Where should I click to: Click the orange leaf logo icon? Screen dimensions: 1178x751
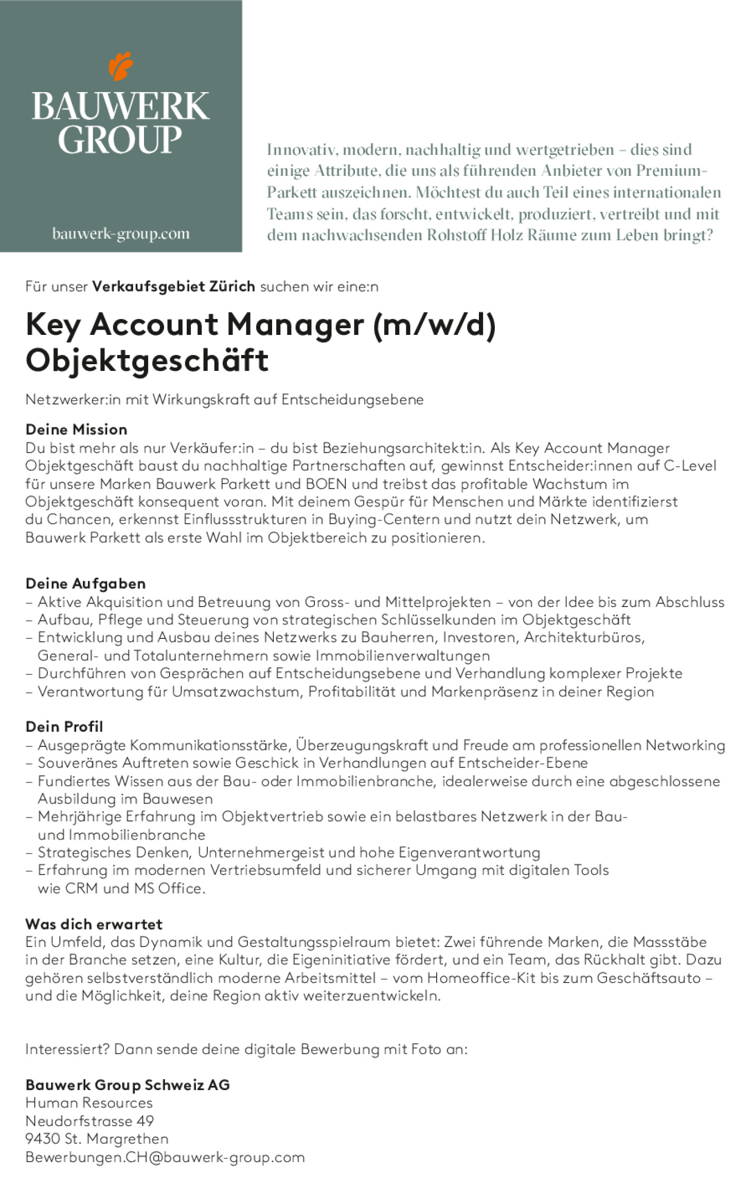(x=121, y=66)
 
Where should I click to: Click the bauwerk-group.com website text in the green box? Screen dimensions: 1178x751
(x=121, y=234)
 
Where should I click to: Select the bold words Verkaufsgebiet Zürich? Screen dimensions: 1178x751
(x=173, y=287)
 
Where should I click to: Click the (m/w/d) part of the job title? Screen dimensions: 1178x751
(x=435, y=325)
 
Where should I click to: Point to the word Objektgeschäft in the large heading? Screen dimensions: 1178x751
(x=147, y=360)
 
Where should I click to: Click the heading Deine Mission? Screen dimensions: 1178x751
(x=76, y=430)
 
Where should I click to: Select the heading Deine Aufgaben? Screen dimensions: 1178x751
(x=85, y=583)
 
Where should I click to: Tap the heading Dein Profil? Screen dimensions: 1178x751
(x=64, y=726)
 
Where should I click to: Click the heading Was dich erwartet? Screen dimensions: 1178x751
(x=94, y=924)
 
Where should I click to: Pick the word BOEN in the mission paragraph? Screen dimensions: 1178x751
(x=326, y=484)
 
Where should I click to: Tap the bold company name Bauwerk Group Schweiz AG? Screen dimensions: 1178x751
(x=128, y=1085)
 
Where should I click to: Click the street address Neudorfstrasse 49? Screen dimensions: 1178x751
(x=90, y=1121)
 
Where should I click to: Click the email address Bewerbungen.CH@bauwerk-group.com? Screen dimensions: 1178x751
(x=165, y=1157)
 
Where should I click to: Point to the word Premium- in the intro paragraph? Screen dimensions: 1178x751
(x=671, y=171)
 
